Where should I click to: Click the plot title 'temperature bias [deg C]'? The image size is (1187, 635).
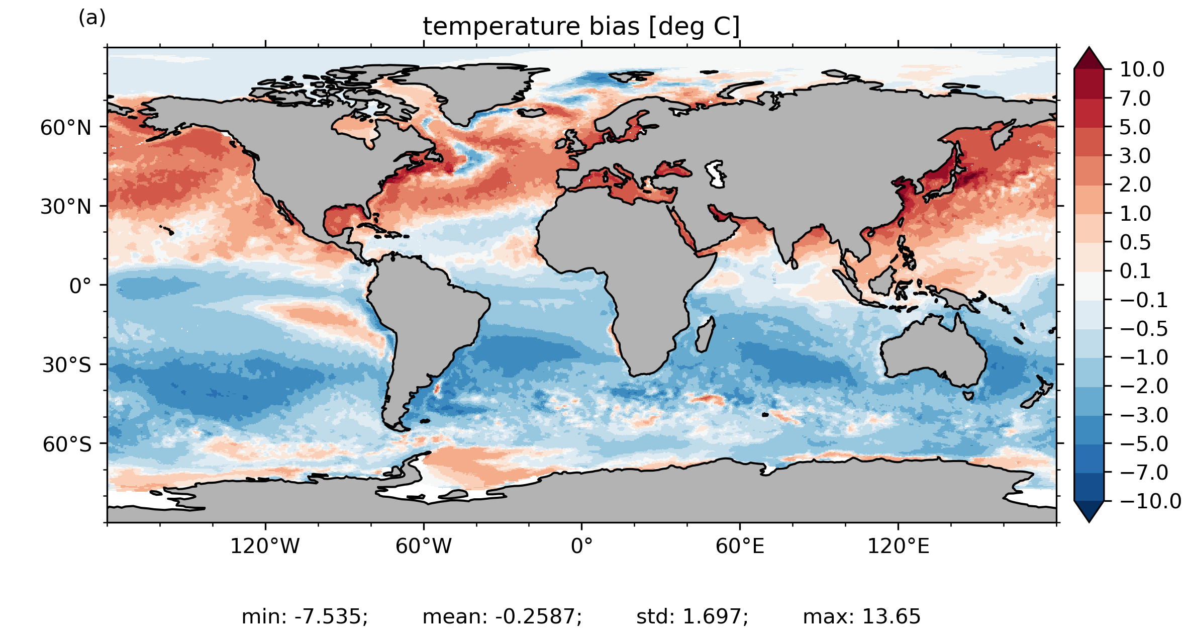click(581, 27)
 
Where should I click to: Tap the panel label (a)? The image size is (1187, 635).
click(92, 18)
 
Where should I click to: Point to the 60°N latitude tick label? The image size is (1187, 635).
click(66, 128)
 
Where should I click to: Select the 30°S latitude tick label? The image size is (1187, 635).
click(67, 365)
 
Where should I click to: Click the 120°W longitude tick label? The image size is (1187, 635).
click(265, 546)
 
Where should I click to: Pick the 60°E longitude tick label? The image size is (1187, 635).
click(740, 546)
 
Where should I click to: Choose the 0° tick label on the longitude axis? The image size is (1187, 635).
click(581, 546)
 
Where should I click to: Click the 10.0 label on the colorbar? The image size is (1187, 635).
click(1142, 69)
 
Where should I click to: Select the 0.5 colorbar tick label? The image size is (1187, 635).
click(1135, 242)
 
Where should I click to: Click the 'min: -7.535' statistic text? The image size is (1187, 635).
click(305, 616)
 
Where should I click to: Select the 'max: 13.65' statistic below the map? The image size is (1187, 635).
click(861, 616)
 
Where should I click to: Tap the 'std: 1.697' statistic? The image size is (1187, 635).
click(692, 616)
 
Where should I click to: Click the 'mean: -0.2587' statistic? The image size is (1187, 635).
click(502, 616)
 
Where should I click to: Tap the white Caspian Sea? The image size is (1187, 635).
click(716, 173)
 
